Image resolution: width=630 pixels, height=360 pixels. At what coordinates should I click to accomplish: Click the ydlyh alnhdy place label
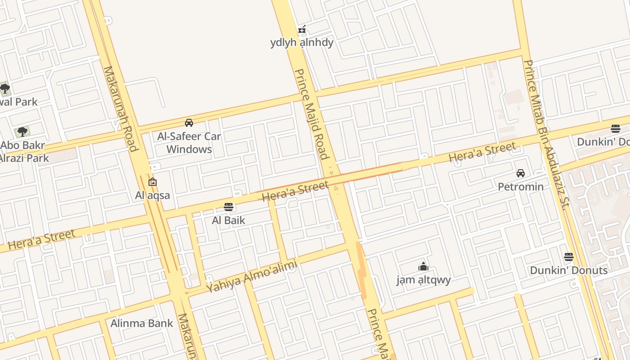click(x=302, y=42)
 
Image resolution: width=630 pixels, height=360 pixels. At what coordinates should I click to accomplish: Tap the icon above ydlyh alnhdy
click(x=302, y=30)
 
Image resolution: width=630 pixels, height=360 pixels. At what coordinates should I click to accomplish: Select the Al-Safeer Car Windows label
click(x=189, y=142)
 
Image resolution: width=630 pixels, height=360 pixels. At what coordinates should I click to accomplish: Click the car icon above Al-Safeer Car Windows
click(x=189, y=122)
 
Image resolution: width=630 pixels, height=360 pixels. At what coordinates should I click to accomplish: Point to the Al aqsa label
click(x=153, y=195)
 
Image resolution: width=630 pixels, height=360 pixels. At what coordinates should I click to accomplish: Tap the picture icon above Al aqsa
click(x=153, y=182)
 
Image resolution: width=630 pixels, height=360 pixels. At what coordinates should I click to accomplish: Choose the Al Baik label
click(x=229, y=220)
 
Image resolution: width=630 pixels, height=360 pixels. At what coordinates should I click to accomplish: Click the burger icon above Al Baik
click(x=229, y=207)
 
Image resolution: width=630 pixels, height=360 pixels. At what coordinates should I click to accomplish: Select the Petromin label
click(x=521, y=186)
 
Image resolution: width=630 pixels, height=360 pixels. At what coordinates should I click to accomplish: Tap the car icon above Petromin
click(x=521, y=173)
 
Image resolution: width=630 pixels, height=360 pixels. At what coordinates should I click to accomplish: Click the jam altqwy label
click(x=423, y=280)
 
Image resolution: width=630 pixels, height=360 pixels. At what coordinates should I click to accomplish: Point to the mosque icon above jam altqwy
click(x=423, y=266)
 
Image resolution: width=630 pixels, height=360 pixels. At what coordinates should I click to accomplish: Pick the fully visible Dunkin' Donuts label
click(x=569, y=270)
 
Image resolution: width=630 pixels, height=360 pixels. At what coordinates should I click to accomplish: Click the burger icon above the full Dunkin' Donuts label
click(x=569, y=257)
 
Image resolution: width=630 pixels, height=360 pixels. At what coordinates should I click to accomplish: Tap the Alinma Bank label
click(x=142, y=323)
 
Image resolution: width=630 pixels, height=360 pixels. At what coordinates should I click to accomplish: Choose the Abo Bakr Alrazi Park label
click(x=23, y=152)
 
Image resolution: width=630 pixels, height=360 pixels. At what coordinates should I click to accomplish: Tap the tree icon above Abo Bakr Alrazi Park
click(x=22, y=132)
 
